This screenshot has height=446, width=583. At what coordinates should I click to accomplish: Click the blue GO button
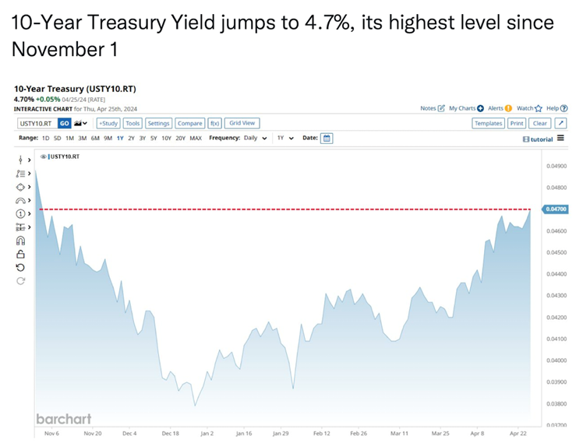pyautogui.click(x=65, y=123)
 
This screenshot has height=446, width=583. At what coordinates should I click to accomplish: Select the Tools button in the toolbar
pyautogui.click(x=132, y=123)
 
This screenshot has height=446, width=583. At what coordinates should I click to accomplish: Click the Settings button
pyautogui.click(x=158, y=123)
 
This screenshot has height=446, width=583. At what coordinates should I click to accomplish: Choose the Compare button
pyautogui.click(x=189, y=123)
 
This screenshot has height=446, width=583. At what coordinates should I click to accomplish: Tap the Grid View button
pyautogui.click(x=242, y=123)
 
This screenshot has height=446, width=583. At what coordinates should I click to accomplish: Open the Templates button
pyautogui.click(x=488, y=123)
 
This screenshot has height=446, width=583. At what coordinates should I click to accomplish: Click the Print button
pyautogui.click(x=517, y=123)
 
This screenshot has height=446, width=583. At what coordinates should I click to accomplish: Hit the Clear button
pyautogui.click(x=540, y=123)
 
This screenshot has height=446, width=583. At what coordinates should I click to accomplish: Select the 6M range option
pyautogui.click(x=95, y=139)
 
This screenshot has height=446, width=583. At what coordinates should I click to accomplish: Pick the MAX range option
pyautogui.click(x=196, y=139)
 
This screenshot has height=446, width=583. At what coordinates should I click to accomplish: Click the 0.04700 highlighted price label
pyautogui.click(x=556, y=209)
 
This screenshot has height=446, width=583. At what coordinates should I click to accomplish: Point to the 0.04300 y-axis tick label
pyautogui.click(x=556, y=296)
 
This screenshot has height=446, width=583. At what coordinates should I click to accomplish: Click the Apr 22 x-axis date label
pyautogui.click(x=521, y=433)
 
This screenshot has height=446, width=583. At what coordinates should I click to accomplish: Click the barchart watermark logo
pyautogui.click(x=63, y=419)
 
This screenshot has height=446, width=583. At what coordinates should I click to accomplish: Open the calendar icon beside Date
pyautogui.click(x=327, y=139)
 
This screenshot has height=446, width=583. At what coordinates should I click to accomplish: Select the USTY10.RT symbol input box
pyautogui.click(x=36, y=123)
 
